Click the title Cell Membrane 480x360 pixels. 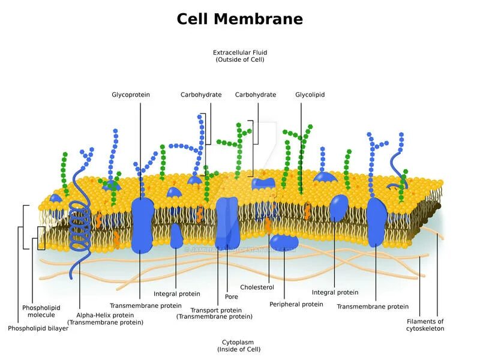239,19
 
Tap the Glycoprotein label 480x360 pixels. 131,95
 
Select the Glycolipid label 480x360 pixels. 310,95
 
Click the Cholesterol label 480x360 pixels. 257,287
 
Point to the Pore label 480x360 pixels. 232,296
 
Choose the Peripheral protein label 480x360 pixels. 296,304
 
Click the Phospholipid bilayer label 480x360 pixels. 38,328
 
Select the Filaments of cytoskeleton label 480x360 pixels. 425,325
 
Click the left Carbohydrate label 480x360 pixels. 201,95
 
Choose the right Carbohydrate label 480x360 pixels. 256,95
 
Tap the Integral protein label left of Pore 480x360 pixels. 177,294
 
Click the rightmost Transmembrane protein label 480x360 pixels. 373,307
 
